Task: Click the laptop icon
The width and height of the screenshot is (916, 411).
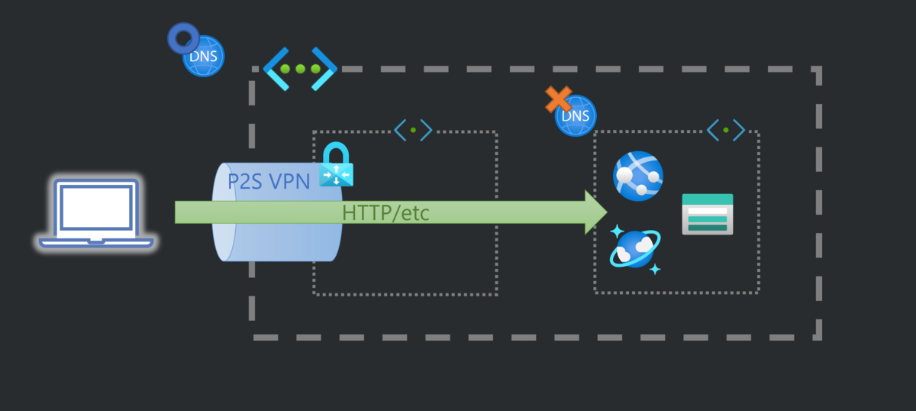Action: (x=96, y=213)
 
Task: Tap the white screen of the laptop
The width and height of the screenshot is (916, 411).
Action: (x=96, y=208)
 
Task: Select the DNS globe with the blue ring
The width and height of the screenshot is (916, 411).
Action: (x=204, y=56)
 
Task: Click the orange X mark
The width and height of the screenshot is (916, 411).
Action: (x=558, y=99)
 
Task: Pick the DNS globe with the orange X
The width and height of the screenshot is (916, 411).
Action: (x=576, y=116)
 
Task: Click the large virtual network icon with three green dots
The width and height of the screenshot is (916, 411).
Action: (x=300, y=69)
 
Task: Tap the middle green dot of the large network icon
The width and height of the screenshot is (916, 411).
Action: (x=300, y=69)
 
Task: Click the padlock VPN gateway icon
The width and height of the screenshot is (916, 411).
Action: (x=336, y=164)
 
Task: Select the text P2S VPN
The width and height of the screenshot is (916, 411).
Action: (x=269, y=181)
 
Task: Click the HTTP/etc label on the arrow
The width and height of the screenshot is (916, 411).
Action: (x=385, y=213)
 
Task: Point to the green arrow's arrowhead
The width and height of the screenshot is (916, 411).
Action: (x=596, y=212)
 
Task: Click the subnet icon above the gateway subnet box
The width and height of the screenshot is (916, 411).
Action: (x=413, y=130)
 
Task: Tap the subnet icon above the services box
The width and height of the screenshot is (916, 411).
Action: (x=726, y=130)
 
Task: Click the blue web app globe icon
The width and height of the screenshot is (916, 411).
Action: (x=638, y=176)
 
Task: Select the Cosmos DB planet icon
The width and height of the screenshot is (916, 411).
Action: (x=635, y=248)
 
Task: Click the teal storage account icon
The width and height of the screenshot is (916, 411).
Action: (x=708, y=214)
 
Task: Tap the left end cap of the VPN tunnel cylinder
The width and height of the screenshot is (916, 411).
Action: (x=224, y=212)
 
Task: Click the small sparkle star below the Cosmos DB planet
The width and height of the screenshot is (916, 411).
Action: (x=655, y=270)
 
